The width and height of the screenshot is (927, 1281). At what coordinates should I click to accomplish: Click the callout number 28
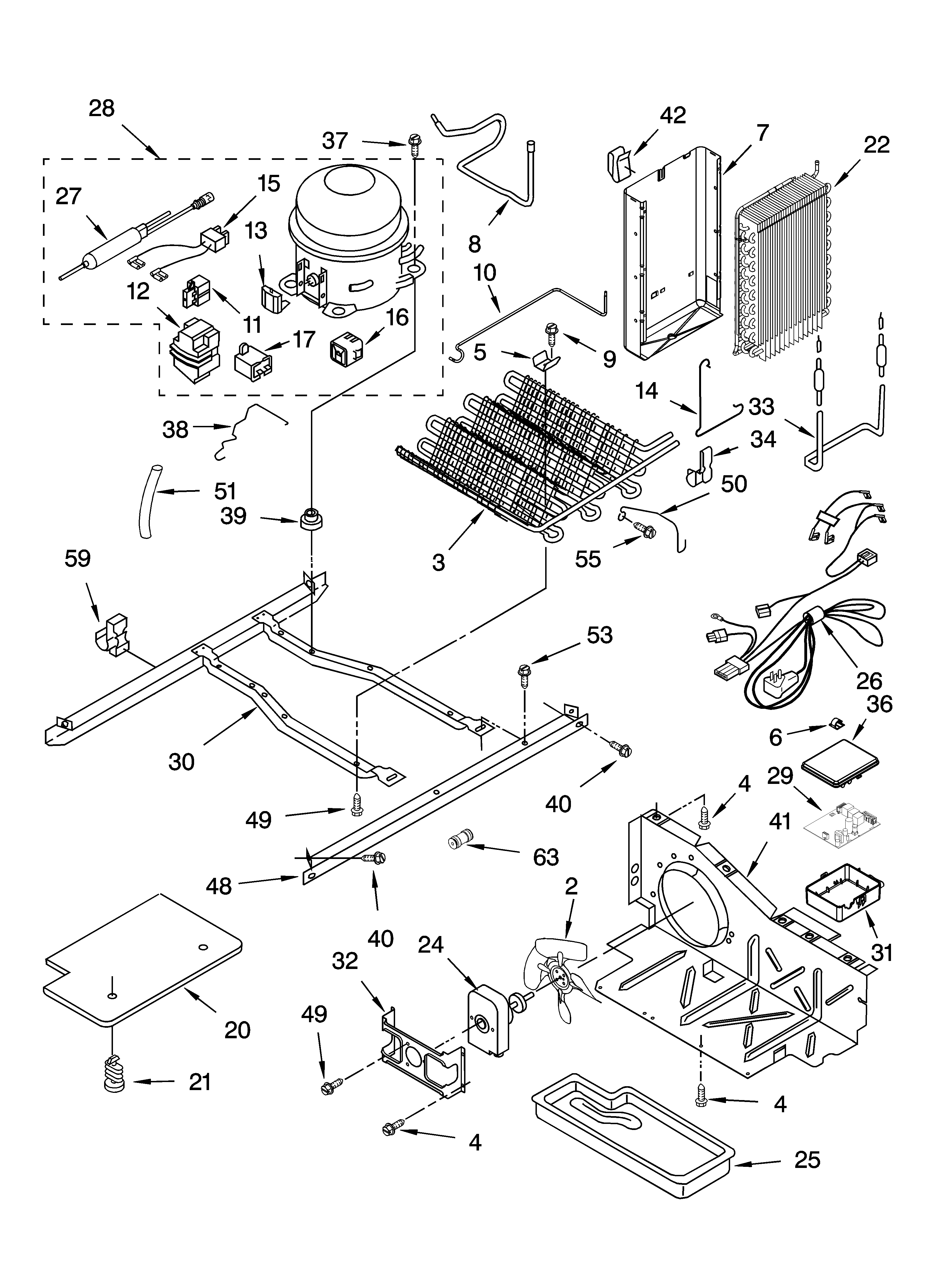(102, 108)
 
